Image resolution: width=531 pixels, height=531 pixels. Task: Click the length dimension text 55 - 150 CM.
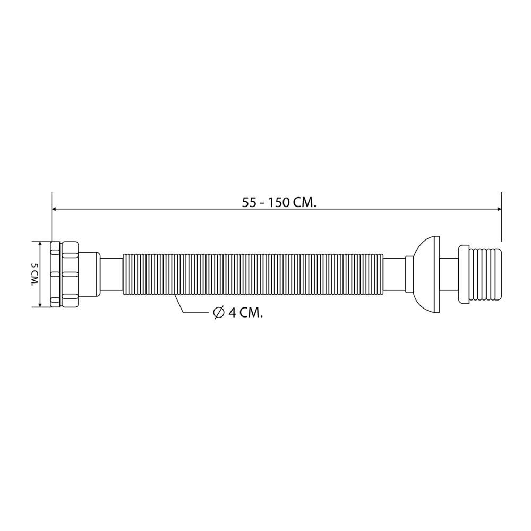tap(279, 202)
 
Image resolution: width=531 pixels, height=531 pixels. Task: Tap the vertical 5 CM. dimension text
tap(33, 274)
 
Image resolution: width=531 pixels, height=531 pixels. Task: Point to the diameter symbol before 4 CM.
tap(218, 313)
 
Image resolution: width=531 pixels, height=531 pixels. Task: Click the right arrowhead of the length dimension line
tap(498, 209)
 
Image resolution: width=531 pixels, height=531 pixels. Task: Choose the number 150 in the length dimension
tap(279, 202)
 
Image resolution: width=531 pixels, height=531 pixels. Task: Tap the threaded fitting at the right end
tap(481, 274)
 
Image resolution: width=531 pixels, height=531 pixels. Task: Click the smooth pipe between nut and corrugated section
tap(112, 274)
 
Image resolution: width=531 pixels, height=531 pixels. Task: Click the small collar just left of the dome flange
tap(409, 274)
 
